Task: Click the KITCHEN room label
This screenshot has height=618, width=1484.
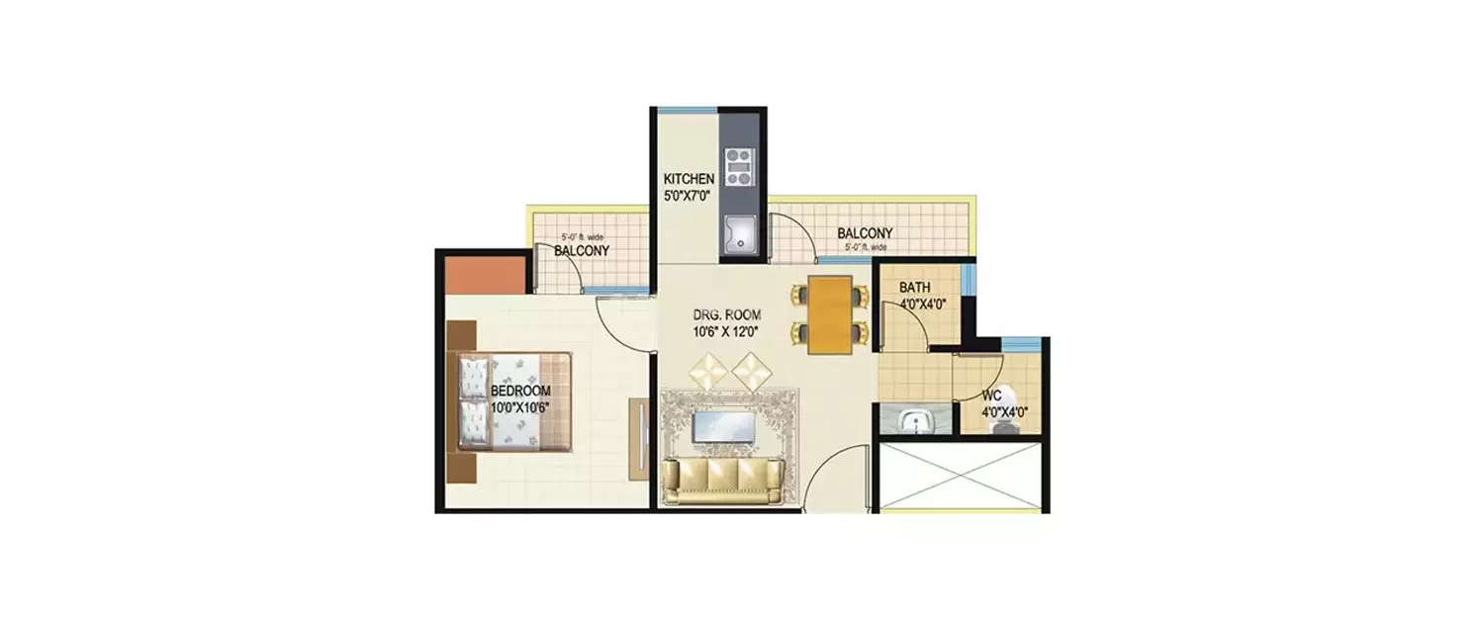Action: [x=688, y=179]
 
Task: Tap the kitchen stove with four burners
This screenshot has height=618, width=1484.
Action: [x=737, y=168]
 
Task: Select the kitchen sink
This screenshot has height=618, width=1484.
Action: [x=738, y=234]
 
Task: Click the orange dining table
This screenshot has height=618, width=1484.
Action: [x=828, y=314]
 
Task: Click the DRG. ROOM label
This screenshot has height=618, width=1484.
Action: [x=726, y=314]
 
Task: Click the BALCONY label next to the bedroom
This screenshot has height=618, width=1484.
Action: [x=581, y=251]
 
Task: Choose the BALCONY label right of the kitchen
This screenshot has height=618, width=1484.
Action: [x=864, y=233]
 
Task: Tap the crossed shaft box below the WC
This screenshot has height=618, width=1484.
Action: [x=961, y=477]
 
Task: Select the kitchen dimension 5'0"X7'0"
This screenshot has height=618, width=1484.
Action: [x=688, y=195]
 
